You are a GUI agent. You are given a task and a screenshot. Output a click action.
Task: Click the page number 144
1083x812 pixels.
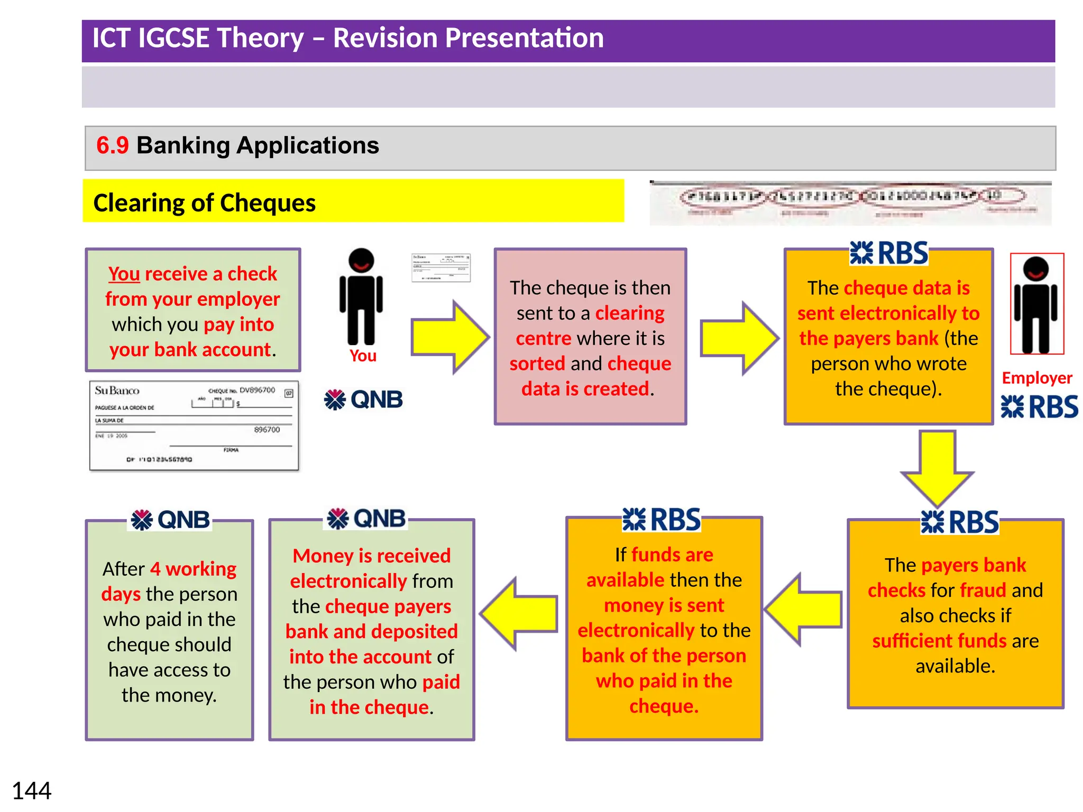tap(31, 791)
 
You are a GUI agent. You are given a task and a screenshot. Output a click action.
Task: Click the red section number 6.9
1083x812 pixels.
tap(112, 145)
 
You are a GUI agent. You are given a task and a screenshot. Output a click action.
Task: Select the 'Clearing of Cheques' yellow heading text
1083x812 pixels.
tap(204, 203)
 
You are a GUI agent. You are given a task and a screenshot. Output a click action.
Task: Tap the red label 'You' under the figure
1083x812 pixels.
tap(363, 356)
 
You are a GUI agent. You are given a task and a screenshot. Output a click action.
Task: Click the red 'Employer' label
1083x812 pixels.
tap(1036, 378)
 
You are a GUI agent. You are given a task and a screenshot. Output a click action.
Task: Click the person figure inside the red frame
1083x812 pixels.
tap(1036, 304)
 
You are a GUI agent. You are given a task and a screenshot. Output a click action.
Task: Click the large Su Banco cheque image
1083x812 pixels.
tap(194, 426)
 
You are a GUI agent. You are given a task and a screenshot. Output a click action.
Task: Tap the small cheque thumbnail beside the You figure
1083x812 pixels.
tap(440, 267)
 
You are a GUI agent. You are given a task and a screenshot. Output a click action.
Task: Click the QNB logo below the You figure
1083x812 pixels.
tap(363, 400)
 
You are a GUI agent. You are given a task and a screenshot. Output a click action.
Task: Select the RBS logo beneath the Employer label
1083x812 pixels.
tap(1039, 407)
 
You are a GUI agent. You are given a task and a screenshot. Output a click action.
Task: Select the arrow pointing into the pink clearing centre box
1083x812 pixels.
tap(449, 337)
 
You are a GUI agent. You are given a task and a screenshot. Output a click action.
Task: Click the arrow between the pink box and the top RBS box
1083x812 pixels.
tap(739, 338)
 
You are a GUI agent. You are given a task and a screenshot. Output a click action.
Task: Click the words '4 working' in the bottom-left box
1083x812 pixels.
tap(193, 569)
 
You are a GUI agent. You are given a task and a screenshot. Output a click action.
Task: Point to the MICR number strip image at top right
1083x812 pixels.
tap(850, 203)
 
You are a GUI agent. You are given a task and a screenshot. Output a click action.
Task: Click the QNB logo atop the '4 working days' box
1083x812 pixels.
tap(170, 520)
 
